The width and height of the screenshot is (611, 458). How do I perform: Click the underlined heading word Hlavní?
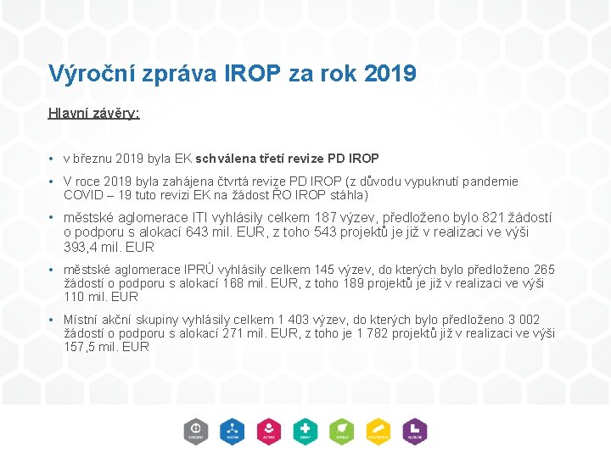coord(68,113)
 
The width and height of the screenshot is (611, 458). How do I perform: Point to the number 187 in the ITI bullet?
coord(325,218)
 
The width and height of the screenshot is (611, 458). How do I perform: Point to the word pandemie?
coord(489,182)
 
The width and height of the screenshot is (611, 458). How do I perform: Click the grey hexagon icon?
coord(196,432)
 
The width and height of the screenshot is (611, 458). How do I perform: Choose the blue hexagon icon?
coord(233,432)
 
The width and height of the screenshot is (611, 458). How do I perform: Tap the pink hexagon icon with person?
coord(269,432)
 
